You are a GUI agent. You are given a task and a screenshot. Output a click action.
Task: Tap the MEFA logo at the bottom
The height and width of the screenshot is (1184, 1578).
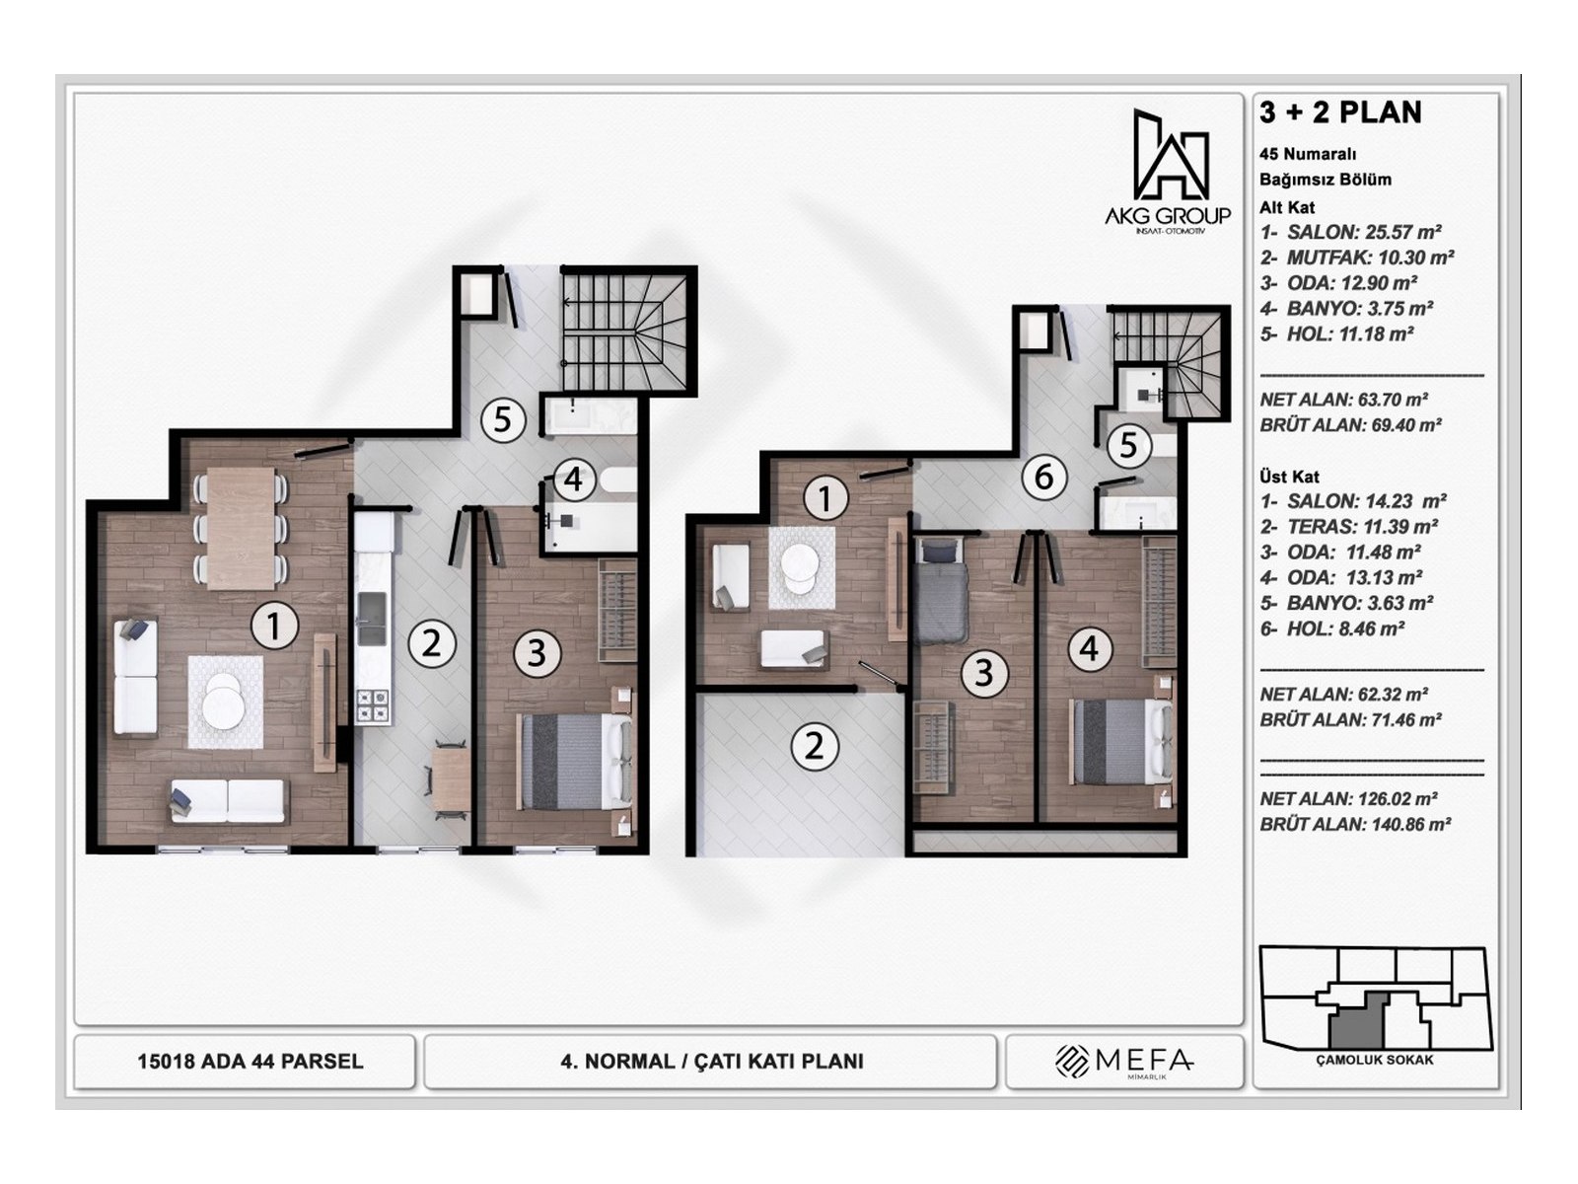(1124, 1061)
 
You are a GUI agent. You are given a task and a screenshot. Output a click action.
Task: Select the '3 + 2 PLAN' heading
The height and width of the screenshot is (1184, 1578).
(1340, 112)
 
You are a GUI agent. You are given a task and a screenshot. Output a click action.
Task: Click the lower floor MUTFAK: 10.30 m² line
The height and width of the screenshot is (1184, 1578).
(1356, 258)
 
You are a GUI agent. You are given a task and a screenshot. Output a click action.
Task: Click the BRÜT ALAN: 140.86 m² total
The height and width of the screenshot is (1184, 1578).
(1354, 825)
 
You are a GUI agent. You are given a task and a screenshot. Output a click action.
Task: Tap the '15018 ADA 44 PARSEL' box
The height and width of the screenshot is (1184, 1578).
(250, 1062)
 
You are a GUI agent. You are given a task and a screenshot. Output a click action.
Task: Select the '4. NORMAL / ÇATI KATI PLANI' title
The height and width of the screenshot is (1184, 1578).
(711, 1062)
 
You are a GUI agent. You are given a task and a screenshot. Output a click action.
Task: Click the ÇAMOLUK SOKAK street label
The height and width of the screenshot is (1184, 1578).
(1375, 1060)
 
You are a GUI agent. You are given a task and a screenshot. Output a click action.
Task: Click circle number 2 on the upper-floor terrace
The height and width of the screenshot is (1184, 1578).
(814, 746)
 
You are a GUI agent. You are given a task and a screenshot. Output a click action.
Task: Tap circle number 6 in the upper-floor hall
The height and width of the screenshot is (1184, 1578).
(1043, 478)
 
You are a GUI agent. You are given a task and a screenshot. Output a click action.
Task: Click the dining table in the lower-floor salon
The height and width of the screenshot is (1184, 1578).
(242, 527)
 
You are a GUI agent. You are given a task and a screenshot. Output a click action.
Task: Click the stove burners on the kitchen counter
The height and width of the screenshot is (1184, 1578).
(373, 705)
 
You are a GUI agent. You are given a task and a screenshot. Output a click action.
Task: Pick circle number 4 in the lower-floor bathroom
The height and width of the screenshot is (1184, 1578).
(573, 481)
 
